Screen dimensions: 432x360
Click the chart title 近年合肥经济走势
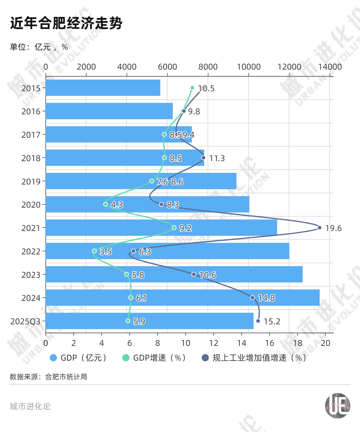[x=66, y=23]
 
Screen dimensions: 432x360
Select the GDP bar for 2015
[x=103, y=88]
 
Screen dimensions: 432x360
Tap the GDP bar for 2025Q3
[x=149, y=321]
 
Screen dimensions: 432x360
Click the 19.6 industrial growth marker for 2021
[x=319, y=228]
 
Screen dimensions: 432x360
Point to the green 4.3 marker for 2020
[x=106, y=204]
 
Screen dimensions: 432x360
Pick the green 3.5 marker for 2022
[x=94, y=251]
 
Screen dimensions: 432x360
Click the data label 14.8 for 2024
[x=266, y=298]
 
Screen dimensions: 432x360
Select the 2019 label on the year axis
[x=31, y=181]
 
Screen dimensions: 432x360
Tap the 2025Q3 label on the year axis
[x=25, y=321]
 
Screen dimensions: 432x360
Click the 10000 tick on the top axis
[x=249, y=67]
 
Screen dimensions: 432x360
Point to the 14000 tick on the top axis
[x=330, y=67]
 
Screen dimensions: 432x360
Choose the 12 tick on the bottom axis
[x=214, y=343]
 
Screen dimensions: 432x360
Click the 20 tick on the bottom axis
[x=325, y=343]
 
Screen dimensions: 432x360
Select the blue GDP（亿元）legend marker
[x=53, y=358]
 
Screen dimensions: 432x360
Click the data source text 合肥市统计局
[x=66, y=376]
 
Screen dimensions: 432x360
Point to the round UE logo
[x=337, y=406]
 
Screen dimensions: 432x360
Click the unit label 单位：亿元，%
[x=39, y=47]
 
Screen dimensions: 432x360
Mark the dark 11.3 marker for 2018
[x=203, y=157]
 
